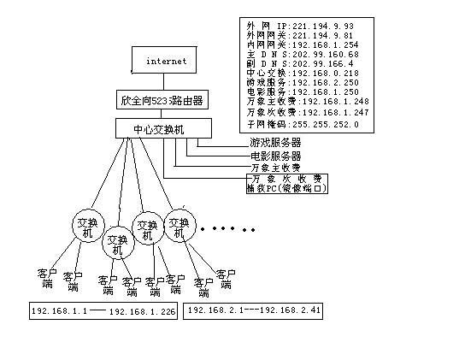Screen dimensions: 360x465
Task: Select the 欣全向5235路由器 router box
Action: (162, 101)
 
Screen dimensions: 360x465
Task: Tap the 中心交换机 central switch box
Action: (162, 129)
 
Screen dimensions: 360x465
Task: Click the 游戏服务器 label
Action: (274, 143)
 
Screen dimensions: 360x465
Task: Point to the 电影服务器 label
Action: (274, 156)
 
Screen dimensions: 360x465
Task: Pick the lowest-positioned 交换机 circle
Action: (118, 244)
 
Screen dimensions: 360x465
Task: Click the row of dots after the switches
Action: (228, 229)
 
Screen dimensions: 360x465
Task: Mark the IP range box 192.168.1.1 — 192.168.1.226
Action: (103, 311)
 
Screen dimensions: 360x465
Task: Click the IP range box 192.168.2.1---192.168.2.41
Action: (254, 310)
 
